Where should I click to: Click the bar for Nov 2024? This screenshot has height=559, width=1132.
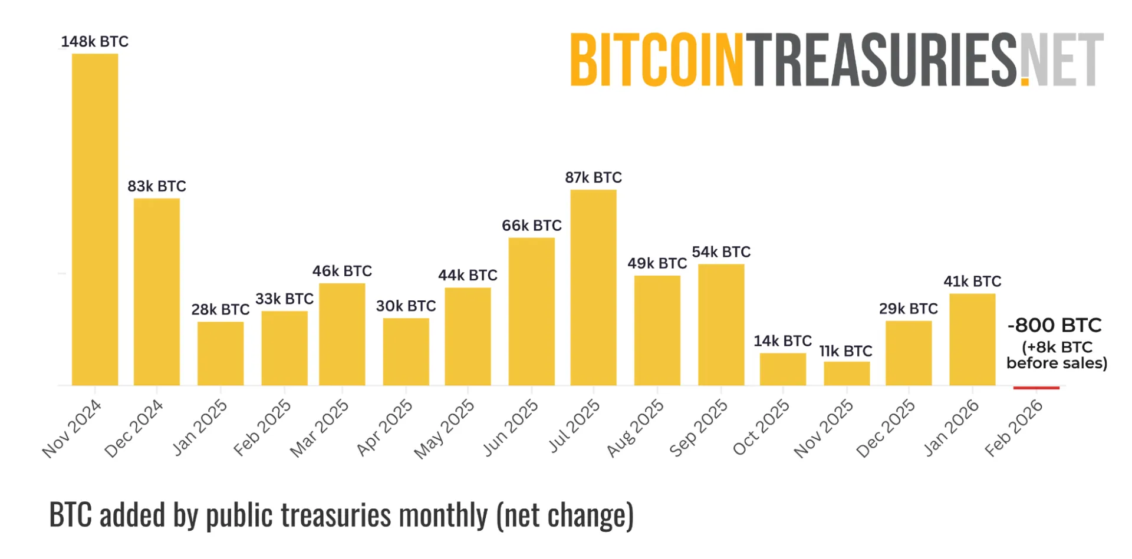click(x=95, y=219)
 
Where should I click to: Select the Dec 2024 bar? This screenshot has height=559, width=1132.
click(x=157, y=292)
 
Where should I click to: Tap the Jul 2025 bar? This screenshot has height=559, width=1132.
click(x=593, y=287)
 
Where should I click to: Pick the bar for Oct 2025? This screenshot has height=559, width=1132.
click(x=782, y=369)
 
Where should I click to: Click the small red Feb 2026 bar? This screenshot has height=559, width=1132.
click(x=1036, y=388)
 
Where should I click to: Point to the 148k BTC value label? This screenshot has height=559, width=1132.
click(x=94, y=42)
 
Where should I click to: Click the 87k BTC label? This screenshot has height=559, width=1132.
click(x=593, y=177)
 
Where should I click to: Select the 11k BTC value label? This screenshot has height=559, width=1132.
click(x=845, y=351)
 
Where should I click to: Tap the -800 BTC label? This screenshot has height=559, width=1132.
click(x=1054, y=325)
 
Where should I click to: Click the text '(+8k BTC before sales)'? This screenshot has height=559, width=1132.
click(x=1057, y=355)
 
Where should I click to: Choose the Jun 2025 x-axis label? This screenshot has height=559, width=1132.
click(x=511, y=428)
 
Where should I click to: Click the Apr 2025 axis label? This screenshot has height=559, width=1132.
click(x=385, y=428)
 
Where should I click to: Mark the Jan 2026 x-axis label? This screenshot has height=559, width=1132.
click(x=951, y=428)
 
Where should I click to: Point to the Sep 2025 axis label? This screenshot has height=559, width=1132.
click(x=699, y=428)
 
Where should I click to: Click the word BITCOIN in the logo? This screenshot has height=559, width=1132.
click(x=656, y=59)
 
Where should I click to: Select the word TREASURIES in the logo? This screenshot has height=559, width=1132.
click(x=881, y=59)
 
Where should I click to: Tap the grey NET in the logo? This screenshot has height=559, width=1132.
click(x=1062, y=59)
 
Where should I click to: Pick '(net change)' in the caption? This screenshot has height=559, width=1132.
click(x=565, y=515)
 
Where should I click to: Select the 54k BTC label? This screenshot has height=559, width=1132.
click(x=721, y=252)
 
